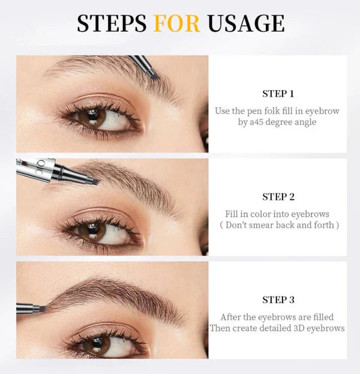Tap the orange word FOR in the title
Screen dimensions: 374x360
(x=176, y=23)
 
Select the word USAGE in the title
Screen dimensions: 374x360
(x=245, y=23)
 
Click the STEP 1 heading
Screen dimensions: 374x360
(x=278, y=94)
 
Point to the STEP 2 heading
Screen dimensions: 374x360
(x=278, y=197)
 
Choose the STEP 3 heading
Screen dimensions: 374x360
(x=278, y=300)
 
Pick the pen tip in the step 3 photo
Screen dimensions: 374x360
(x=43, y=308)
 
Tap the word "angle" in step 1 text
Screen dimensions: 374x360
(x=304, y=122)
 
